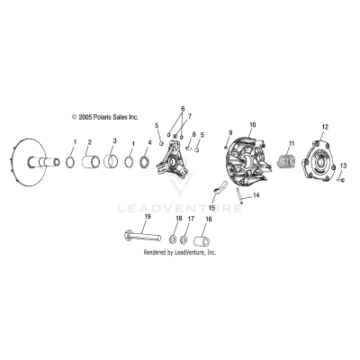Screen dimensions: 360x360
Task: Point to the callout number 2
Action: pyautogui.click(x=89, y=142)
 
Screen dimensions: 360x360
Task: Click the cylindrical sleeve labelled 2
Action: pyautogui.click(x=90, y=164)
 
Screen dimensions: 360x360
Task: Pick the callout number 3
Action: pyautogui.click(x=113, y=142)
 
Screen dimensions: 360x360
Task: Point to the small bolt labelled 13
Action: pyautogui.click(x=343, y=180)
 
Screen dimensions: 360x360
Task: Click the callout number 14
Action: pyautogui.click(x=256, y=194)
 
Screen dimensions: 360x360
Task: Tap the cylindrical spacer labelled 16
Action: pyautogui.click(x=202, y=241)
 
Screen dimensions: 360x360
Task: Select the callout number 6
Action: pyautogui.click(x=183, y=108)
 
